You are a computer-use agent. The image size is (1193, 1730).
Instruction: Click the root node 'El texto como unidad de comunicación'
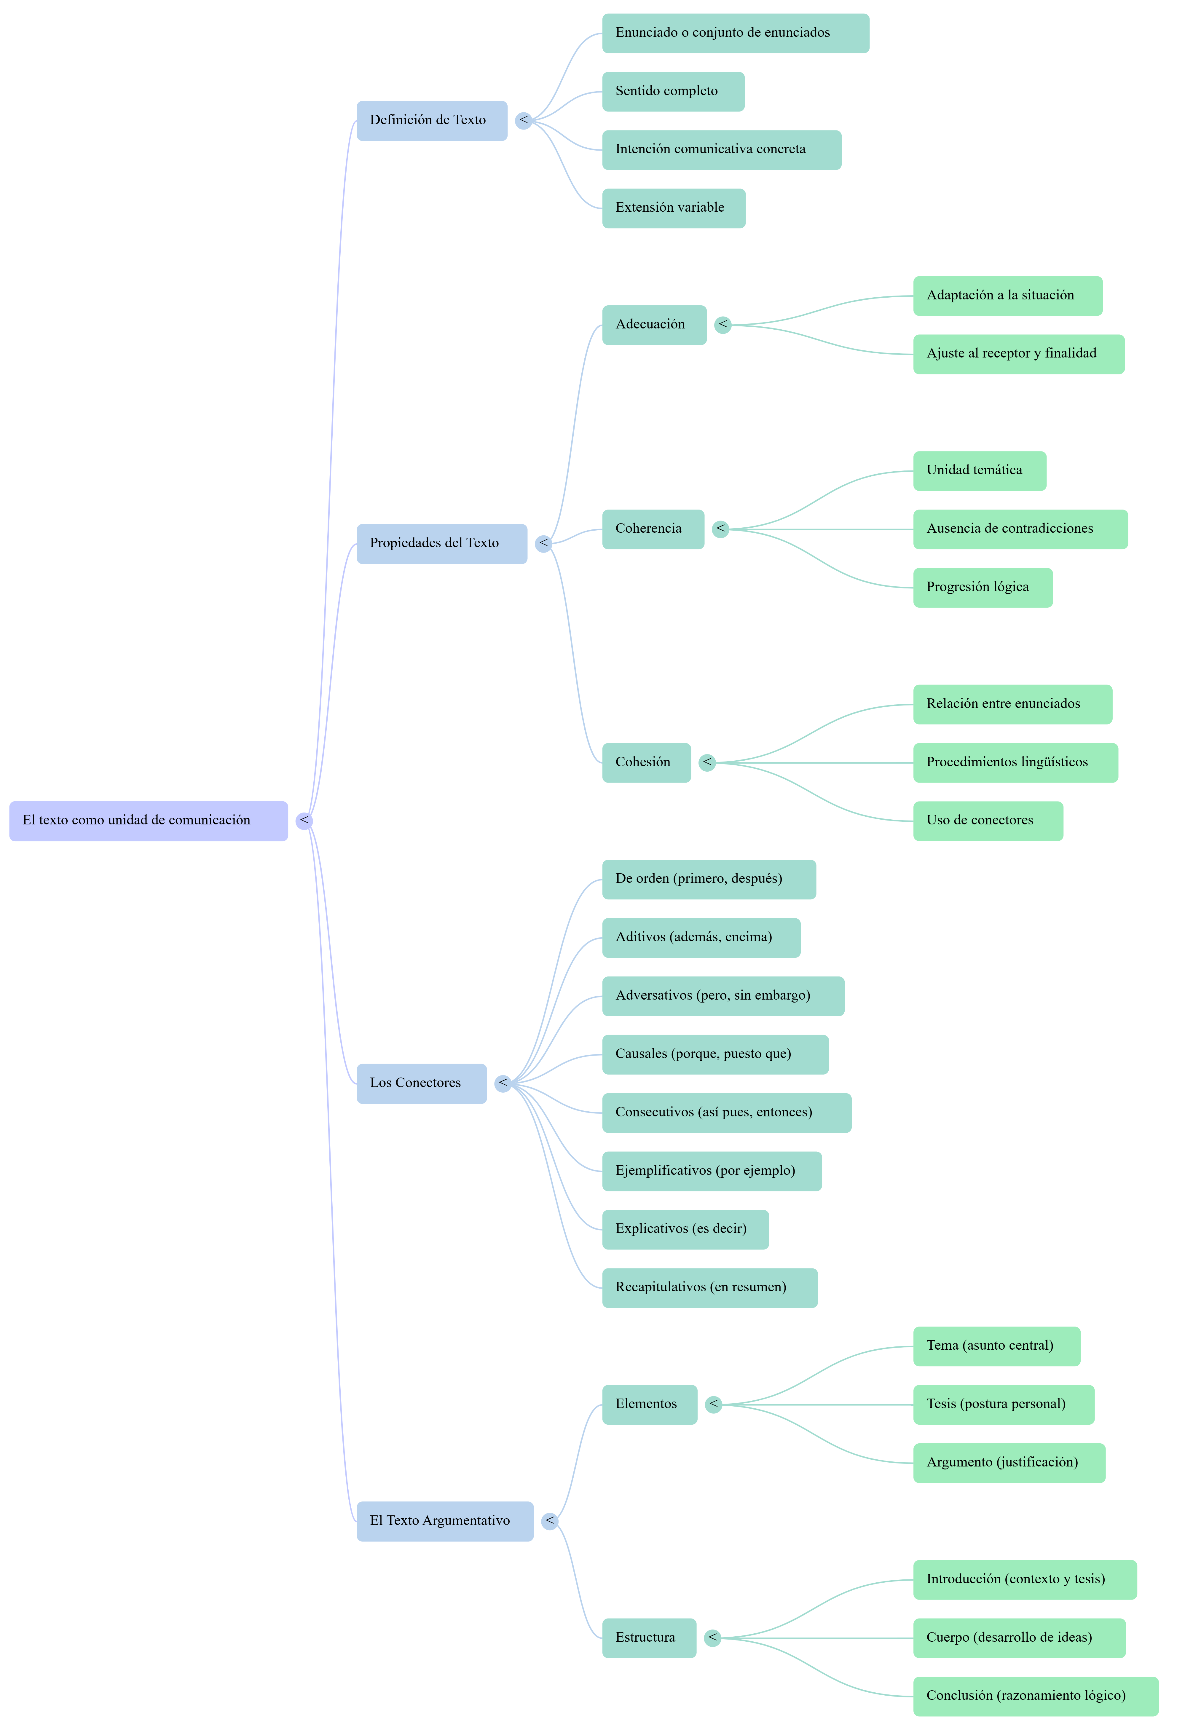click(148, 821)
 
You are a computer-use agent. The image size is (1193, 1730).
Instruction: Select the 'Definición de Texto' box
click(431, 120)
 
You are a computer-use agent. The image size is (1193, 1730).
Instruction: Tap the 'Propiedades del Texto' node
click(441, 543)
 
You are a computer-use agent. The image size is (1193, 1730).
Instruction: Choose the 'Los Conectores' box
click(421, 1083)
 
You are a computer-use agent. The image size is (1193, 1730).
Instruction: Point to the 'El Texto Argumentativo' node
click(445, 1521)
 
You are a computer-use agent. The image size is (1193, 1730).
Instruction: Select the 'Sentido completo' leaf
click(673, 91)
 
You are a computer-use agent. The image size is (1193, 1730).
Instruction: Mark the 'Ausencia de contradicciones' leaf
click(1020, 529)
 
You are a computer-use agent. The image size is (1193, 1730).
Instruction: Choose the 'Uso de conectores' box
click(988, 821)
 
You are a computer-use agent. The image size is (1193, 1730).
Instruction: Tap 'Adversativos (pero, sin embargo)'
click(723, 995)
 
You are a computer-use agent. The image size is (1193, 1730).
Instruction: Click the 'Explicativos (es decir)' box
click(685, 1228)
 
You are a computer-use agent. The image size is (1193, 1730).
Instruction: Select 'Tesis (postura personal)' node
click(1003, 1404)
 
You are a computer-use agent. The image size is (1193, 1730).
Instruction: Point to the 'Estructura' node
click(649, 1637)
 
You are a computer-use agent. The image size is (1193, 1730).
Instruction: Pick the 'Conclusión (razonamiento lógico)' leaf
click(1035, 1696)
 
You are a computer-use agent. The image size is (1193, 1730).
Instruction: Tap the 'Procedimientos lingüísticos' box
click(1015, 762)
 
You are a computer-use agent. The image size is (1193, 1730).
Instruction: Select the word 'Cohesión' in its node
click(643, 762)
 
